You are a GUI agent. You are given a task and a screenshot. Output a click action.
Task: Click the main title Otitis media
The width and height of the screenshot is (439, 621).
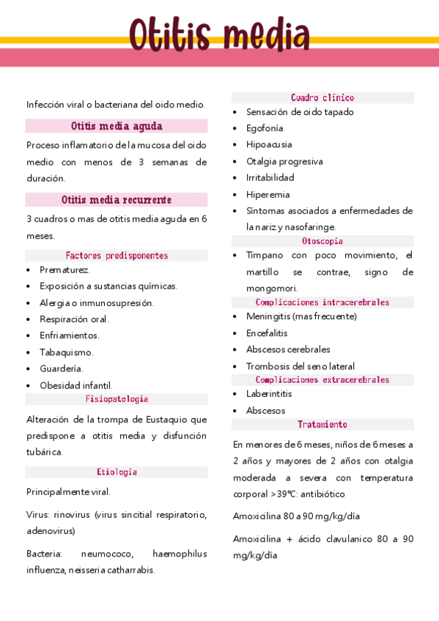coord(219,34)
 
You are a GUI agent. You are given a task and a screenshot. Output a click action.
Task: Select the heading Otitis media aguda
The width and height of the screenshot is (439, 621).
coord(117,126)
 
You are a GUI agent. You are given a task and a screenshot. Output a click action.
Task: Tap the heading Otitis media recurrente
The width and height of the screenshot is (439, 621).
coord(117,200)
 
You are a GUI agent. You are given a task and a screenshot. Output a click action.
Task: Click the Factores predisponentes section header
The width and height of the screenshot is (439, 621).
coord(117,256)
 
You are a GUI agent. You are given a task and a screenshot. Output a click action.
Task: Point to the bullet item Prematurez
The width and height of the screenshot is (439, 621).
coord(64,269)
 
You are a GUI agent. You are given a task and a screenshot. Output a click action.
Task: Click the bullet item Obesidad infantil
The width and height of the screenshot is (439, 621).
coord(76,385)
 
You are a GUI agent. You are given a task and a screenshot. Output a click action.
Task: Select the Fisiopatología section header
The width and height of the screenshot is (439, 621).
coord(117,399)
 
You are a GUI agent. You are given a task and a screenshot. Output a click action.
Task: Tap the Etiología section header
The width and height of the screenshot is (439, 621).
coord(117,472)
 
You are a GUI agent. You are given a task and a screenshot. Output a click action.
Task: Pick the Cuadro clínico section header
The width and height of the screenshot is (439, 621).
coord(322,97)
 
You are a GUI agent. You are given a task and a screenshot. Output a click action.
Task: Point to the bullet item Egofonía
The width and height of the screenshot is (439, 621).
coord(265,128)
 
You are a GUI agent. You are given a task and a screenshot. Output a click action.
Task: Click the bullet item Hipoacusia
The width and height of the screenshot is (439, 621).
coord(268,144)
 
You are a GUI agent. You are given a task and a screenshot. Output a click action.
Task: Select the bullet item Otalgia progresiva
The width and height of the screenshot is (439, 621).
coord(284,161)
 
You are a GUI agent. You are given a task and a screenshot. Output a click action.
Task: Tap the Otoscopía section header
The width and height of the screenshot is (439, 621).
coord(322,241)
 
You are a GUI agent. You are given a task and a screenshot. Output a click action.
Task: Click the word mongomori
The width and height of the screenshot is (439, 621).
coord(272,288)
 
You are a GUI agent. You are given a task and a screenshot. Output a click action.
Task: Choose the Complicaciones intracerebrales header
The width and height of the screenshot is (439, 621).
coord(322,302)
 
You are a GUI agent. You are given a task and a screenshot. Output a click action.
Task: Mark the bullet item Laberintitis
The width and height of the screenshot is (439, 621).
coord(269,394)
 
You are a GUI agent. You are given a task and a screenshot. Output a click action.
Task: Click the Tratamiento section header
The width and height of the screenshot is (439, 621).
coord(322,425)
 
